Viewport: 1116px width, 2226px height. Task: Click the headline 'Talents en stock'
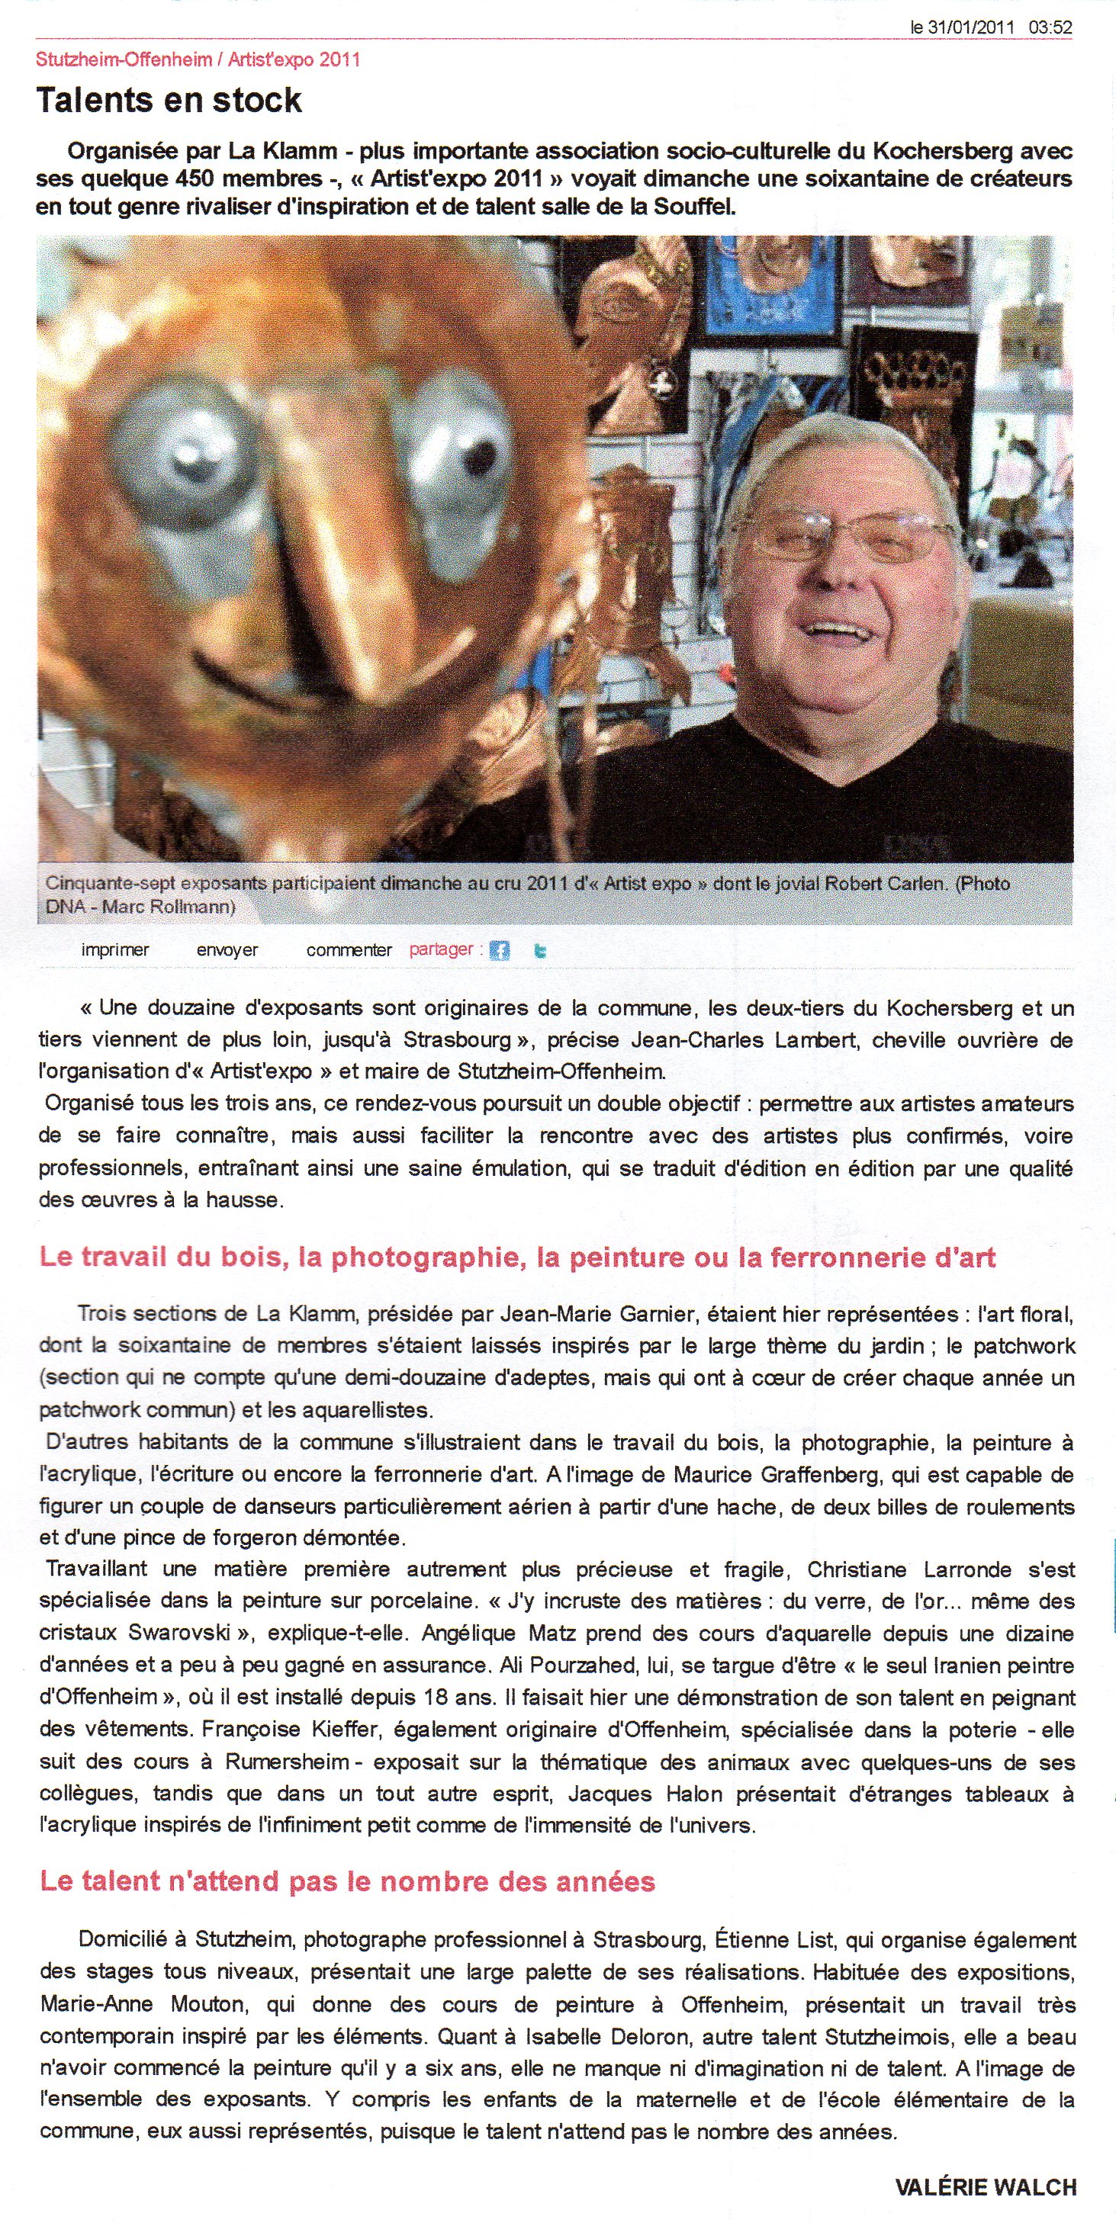point(169,101)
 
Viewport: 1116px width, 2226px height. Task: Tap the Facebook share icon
point(500,950)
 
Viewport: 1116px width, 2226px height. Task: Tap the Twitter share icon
point(540,950)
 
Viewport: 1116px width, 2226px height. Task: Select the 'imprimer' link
point(115,950)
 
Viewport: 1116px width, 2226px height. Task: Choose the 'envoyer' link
point(227,950)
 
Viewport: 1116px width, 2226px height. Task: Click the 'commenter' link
point(349,950)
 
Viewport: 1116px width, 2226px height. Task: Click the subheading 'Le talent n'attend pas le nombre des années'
point(348,1881)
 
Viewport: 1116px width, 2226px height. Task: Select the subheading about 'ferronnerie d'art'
point(517,1258)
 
